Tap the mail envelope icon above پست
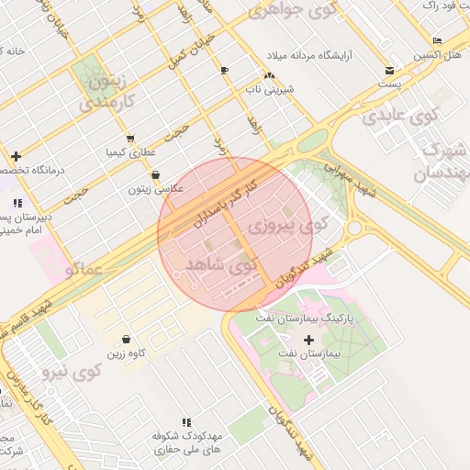point(390,70)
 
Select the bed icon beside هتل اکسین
point(437,41)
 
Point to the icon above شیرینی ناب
point(268,75)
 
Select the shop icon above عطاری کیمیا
point(129,139)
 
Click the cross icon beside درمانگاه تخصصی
point(16,156)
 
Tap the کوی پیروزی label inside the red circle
point(290,224)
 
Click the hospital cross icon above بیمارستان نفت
point(308,340)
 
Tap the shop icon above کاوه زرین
point(126,339)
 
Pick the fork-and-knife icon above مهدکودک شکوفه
point(186,422)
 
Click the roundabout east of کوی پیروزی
point(354,228)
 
